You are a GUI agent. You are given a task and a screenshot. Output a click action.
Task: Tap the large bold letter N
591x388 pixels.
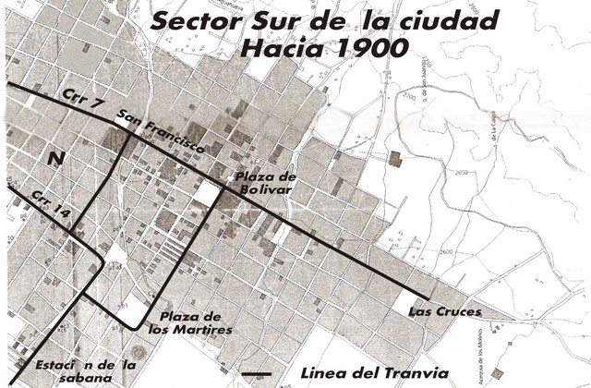pos(56,159)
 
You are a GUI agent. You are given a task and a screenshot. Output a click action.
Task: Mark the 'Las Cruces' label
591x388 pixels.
pos(445,312)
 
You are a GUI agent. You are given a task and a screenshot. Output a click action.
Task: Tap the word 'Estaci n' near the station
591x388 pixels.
pos(51,365)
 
